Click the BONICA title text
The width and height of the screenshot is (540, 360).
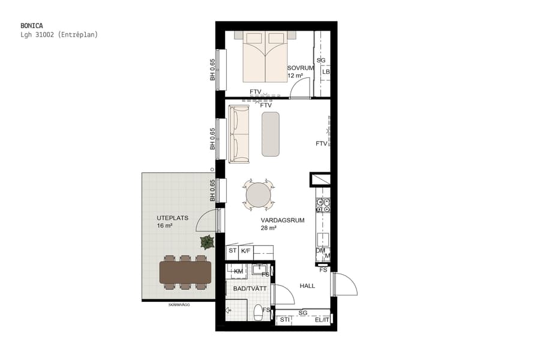click(x=31, y=26)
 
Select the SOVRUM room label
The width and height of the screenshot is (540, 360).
click(x=300, y=68)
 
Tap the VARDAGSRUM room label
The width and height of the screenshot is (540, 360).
click(x=282, y=220)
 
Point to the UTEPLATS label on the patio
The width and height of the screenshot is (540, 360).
click(x=172, y=218)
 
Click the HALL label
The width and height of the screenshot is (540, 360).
click(x=307, y=286)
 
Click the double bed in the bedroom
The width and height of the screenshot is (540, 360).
click(x=265, y=57)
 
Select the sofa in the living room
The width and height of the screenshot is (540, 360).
click(x=239, y=134)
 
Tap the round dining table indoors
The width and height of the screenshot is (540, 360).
click(x=259, y=195)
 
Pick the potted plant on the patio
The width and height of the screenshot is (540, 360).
click(x=208, y=242)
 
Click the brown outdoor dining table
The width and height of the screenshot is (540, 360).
click(x=185, y=272)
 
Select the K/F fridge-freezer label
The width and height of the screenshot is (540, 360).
click(x=245, y=251)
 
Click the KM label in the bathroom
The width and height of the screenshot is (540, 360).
click(x=238, y=272)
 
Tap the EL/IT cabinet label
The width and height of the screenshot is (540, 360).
click(x=322, y=320)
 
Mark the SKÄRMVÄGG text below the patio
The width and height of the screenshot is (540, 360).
click(x=179, y=305)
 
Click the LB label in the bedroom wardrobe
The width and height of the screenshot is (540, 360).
click(x=326, y=72)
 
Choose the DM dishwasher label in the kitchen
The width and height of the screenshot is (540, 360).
click(x=320, y=251)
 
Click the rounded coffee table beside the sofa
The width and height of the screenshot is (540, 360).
click(x=271, y=134)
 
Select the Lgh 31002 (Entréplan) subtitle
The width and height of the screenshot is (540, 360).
click(x=59, y=35)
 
